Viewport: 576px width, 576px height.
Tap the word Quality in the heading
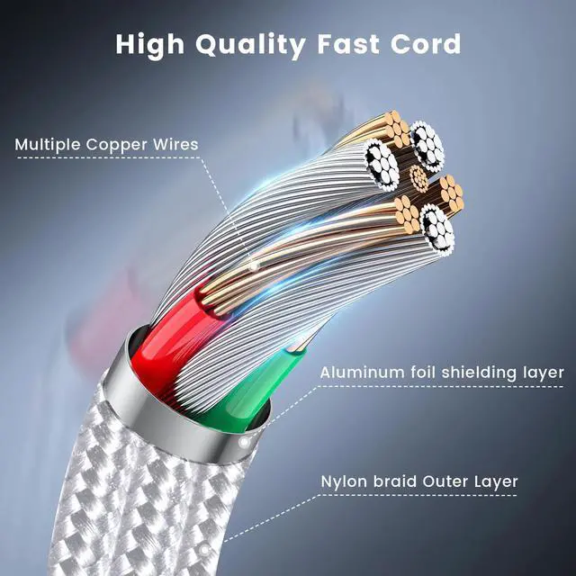(x=249, y=43)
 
